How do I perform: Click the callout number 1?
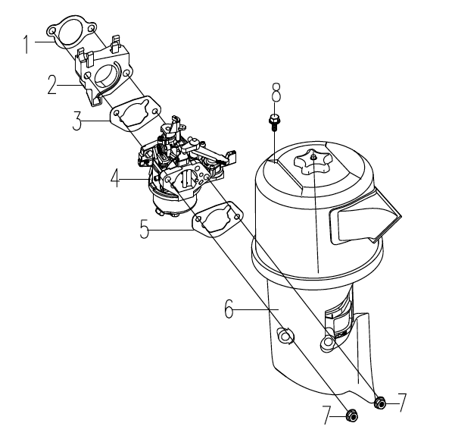[26, 44]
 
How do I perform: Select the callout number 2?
[52, 84]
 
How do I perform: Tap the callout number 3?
[77, 121]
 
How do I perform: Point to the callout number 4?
[115, 178]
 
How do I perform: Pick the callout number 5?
[145, 229]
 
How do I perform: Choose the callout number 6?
[229, 309]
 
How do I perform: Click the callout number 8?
[276, 93]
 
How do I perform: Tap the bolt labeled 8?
[274, 122]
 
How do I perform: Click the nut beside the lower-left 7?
[351, 416]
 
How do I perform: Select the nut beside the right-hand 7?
[380, 403]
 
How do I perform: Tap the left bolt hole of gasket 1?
[52, 31]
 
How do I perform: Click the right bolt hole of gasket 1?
[92, 29]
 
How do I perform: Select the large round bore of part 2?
[106, 76]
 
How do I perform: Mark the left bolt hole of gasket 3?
[117, 113]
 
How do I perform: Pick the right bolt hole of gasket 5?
[237, 217]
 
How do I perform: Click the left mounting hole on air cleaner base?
[285, 337]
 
